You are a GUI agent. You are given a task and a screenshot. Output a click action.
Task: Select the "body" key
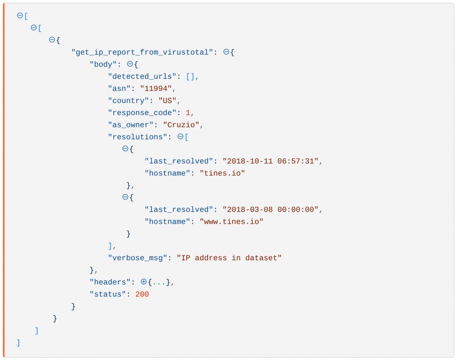coord(103,65)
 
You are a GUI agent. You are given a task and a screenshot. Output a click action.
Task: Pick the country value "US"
coord(167,101)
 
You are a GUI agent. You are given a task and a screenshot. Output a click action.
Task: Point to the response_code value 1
coord(188,113)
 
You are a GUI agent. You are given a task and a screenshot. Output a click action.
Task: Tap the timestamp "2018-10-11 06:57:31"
coord(271,161)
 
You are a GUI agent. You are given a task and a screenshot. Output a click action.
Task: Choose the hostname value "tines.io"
coord(222,173)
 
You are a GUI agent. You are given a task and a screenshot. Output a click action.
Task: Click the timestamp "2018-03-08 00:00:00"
coord(271,209)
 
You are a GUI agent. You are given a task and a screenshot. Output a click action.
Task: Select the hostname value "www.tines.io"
coord(232,221)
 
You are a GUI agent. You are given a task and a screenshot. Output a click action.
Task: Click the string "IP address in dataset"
coord(229,258)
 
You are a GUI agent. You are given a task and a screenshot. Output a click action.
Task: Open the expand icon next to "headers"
coord(143,282)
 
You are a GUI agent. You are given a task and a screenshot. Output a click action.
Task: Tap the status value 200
coord(142,294)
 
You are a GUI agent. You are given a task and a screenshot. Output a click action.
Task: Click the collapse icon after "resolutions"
coord(180,137)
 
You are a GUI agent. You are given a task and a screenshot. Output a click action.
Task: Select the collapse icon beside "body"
coord(130,65)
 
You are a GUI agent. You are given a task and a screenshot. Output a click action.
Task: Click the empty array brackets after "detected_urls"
coord(190,77)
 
